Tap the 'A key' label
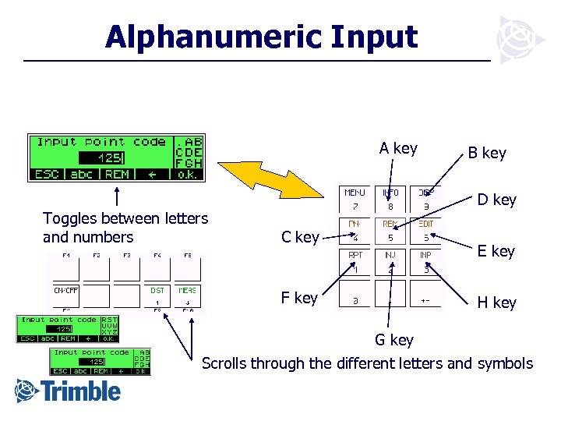coord(398,149)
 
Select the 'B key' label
coord(487,154)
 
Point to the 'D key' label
coord(497,200)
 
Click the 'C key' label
coord(299,237)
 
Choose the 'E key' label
coord(496,251)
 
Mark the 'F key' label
coord(299,298)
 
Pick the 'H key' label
coord(496,302)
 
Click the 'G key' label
coord(394,340)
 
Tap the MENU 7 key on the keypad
coord(355,200)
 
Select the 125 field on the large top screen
coord(108,158)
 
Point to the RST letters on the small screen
coord(109,319)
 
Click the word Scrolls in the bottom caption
coord(226,363)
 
